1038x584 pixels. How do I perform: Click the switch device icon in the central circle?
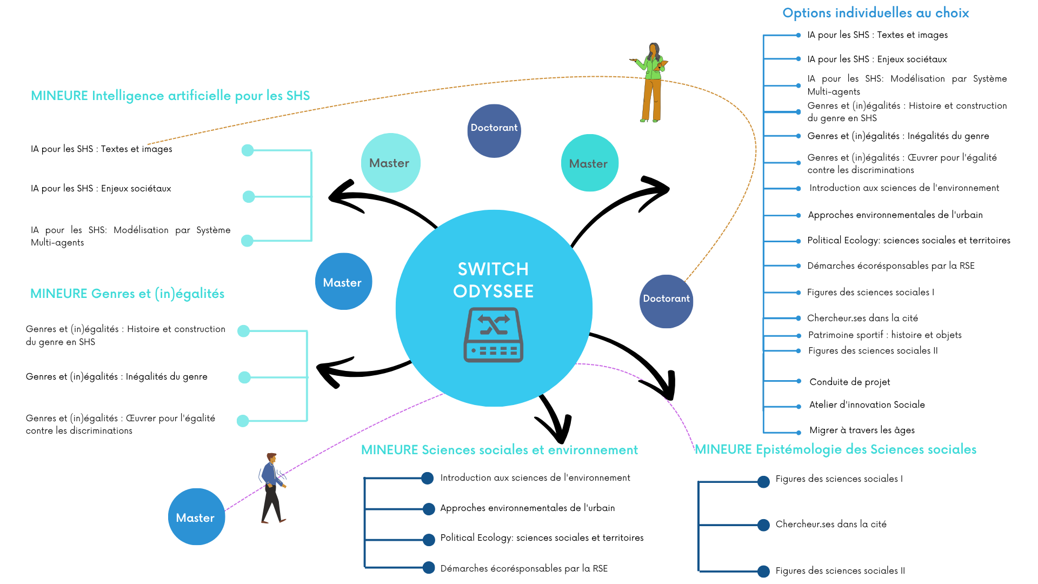(x=493, y=335)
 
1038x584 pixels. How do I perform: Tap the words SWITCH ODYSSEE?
(x=493, y=280)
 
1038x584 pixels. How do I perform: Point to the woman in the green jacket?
(x=650, y=82)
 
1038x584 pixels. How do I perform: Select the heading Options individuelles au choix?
(x=876, y=13)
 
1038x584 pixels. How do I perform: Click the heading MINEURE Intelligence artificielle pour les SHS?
(x=170, y=96)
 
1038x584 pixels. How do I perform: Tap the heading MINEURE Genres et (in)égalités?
(x=127, y=294)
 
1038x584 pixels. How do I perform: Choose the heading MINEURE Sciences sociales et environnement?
(x=500, y=450)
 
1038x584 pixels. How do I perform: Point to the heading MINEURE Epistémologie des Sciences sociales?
(x=836, y=449)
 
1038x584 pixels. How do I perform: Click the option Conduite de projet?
(x=850, y=382)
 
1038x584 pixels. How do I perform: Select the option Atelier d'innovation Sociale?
(x=867, y=404)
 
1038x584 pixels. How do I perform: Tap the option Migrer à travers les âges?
(x=862, y=430)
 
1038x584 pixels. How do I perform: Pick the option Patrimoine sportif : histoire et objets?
(x=885, y=335)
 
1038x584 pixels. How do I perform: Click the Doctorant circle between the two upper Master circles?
(x=494, y=131)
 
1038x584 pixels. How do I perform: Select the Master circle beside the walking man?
(x=196, y=517)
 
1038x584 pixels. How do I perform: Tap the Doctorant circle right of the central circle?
(x=666, y=301)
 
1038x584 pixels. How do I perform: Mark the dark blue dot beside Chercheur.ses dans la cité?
(x=763, y=525)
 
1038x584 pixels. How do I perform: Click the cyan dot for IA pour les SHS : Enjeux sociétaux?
(x=249, y=197)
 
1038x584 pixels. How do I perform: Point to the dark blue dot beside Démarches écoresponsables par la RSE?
(x=429, y=567)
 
